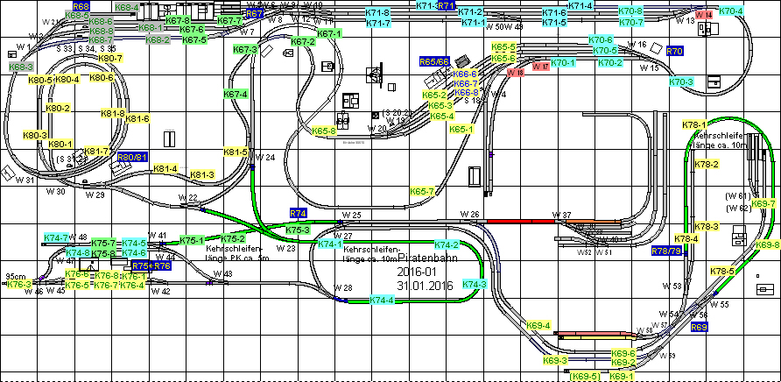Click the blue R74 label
coord(298,213)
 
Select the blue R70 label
coord(674,52)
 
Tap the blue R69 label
coord(699,327)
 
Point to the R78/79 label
coord(666,251)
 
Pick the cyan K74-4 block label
coord(382,301)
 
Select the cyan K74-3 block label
coord(474,284)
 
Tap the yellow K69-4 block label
coord(539,326)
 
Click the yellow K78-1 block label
coord(693,125)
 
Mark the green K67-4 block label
coord(236,94)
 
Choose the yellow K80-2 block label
coord(58,108)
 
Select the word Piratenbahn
coord(426,258)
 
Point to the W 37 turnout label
coord(560,215)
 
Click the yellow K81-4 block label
coord(165,168)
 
